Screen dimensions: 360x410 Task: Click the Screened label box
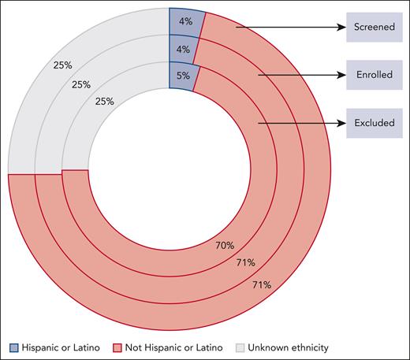[x=373, y=27]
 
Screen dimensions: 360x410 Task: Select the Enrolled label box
[x=373, y=76]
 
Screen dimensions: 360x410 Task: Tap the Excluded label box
[x=373, y=123]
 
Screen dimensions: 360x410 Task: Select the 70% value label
[x=225, y=245]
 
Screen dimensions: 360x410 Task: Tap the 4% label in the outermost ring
[x=186, y=21]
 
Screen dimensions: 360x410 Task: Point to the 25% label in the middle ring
[x=81, y=83]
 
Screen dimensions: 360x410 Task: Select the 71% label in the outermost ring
[x=261, y=284]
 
